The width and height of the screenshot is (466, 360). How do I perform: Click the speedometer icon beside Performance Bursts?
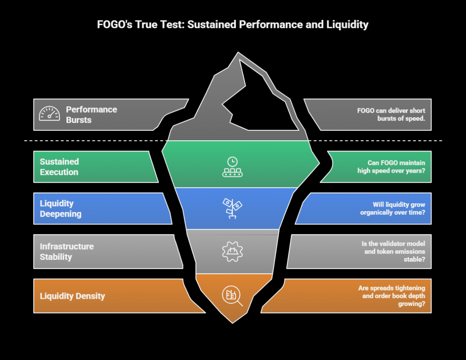(x=49, y=114)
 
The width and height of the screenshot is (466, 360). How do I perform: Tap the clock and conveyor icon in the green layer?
(x=233, y=167)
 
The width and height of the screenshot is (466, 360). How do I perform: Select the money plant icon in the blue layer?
(x=232, y=208)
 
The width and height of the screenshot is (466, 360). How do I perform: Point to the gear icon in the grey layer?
(x=233, y=252)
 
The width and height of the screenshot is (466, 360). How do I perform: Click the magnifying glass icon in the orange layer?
(x=232, y=296)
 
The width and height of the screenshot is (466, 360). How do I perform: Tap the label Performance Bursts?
(x=91, y=115)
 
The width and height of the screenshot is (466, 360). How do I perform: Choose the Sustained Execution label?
(x=59, y=167)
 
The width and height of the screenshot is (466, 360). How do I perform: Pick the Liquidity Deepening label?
(x=60, y=208)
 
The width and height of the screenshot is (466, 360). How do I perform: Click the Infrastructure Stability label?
(x=66, y=252)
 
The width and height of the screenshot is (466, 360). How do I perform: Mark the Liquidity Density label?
(x=72, y=296)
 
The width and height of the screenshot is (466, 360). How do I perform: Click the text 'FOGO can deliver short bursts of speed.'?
(x=391, y=115)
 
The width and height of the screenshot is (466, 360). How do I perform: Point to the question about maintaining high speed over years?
(x=391, y=167)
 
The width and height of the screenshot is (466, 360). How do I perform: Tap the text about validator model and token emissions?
(x=393, y=251)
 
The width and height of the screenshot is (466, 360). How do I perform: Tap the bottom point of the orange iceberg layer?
(x=233, y=321)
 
